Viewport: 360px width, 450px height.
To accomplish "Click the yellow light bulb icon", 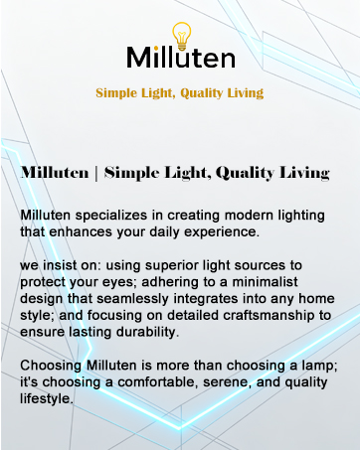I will pos(180,33).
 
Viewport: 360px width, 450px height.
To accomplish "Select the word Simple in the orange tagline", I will pos(116,93).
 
